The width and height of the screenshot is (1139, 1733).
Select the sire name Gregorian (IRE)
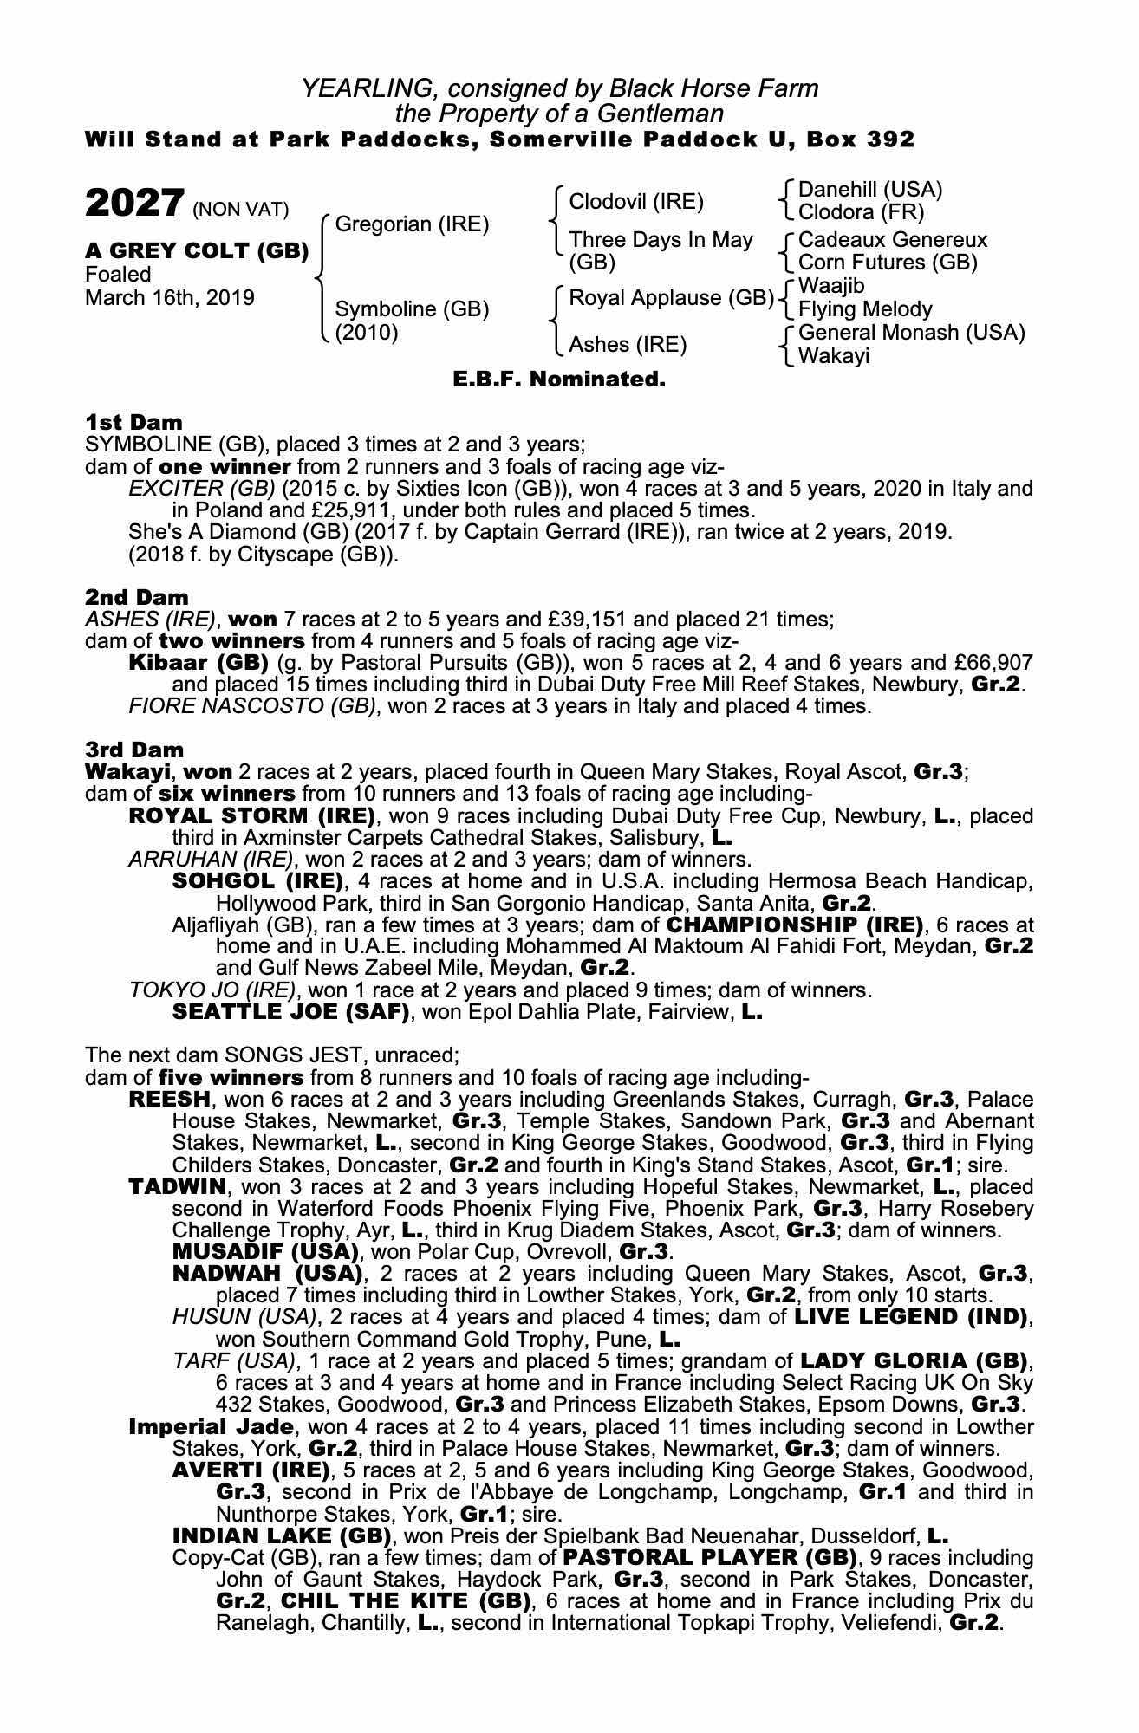pos(412,224)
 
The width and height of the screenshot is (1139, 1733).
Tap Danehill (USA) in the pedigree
pos(869,190)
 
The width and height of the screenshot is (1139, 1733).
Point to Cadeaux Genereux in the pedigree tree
pos(892,239)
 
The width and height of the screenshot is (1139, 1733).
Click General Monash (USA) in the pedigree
pos(911,333)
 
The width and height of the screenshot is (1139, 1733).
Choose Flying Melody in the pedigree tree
pos(864,309)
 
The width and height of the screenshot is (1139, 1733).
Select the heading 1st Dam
pos(133,422)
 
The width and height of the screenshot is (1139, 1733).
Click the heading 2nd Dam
pos(136,597)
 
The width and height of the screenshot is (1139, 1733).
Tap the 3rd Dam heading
pos(134,749)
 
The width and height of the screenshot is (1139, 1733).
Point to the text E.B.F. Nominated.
pos(559,379)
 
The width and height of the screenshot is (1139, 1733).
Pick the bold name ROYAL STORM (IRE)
pos(251,816)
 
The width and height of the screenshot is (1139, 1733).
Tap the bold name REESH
pos(169,1100)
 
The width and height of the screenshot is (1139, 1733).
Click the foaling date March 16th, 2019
pos(170,298)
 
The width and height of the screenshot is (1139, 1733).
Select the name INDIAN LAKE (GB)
pos(282,1535)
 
